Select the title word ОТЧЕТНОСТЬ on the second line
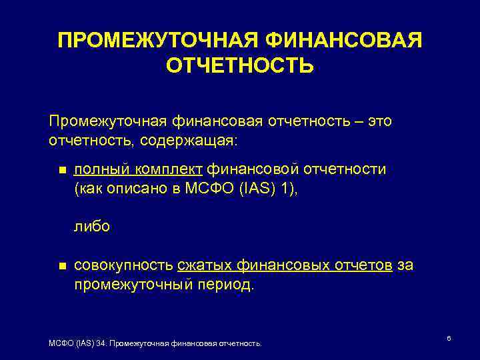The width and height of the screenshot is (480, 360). click(x=240, y=67)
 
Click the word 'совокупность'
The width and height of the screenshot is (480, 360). click(x=123, y=265)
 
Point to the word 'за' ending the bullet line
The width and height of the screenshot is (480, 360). click(x=405, y=265)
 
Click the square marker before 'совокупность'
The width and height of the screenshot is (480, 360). click(x=63, y=266)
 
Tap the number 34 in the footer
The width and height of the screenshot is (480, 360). click(x=100, y=343)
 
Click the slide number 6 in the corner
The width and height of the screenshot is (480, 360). click(x=449, y=339)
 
